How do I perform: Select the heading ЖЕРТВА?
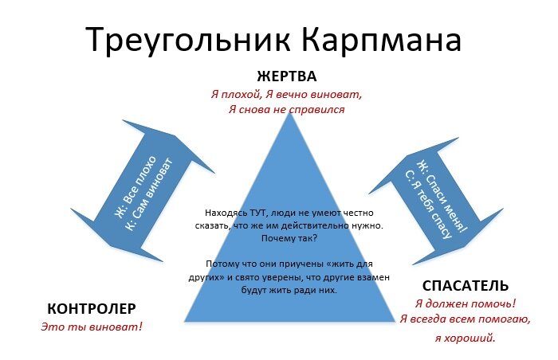(x=287, y=77)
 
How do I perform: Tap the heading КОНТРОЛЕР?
(x=92, y=309)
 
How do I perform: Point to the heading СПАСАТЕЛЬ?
(x=465, y=286)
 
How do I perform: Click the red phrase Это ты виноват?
(x=91, y=327)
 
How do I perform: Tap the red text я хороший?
(x=465, y=338)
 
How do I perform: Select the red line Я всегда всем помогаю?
(x=466, y=320)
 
